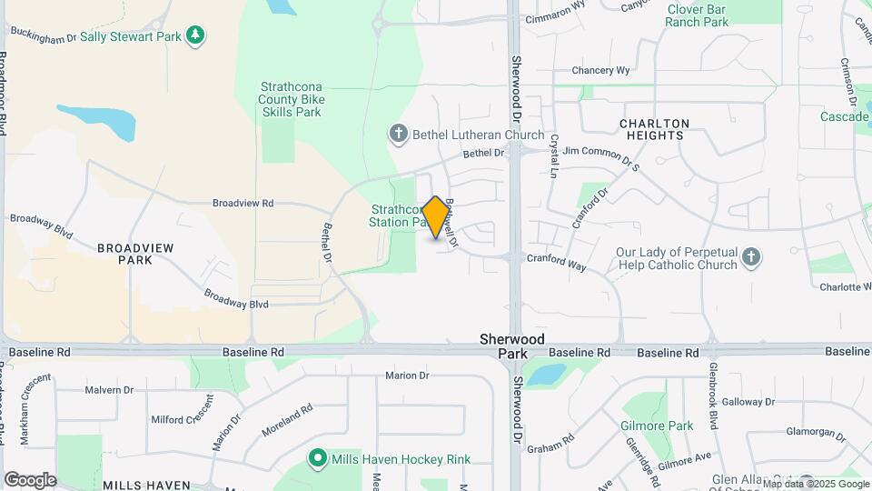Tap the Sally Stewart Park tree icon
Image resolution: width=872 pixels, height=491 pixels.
coord(194,35)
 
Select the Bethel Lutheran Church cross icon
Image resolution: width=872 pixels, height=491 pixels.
coord(397,135)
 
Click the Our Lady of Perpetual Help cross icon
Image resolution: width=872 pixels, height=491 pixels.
coord(751,257)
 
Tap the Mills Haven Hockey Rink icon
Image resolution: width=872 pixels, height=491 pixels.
coord(317,459)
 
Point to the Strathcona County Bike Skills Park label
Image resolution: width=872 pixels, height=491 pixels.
coord(291,99)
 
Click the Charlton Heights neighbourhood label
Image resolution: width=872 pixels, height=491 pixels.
coord(654,129)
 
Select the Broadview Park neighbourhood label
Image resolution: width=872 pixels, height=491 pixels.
coord(135,253)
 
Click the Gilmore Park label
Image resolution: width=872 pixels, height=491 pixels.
coord(657,426)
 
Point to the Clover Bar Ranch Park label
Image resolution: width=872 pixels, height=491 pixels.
coord(698,15)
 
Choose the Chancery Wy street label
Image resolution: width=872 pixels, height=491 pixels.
coord(600,70)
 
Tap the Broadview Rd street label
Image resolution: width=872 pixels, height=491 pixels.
coord(243,204)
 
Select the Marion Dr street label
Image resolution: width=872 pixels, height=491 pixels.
coord(407,376)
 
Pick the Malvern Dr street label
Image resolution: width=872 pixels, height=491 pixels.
coord(109,390)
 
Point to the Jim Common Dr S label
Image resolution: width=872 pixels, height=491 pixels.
coord(602,157)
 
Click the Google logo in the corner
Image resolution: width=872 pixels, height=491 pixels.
coord(30,480)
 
